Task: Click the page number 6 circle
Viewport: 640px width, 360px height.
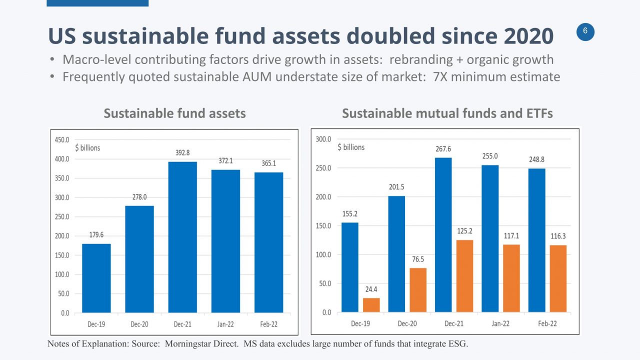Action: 585,32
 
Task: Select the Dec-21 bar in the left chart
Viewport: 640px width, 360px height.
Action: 182,237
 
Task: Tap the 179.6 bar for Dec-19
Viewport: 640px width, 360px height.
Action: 96,278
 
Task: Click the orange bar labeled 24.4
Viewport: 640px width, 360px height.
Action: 371,305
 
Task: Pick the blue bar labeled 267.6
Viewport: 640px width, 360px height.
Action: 443,235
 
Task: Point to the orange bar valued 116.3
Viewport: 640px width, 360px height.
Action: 558,278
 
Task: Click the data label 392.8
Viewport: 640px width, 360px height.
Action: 182,152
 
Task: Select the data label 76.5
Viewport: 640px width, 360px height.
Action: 418,259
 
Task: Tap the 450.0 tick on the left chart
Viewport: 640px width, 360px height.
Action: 62,140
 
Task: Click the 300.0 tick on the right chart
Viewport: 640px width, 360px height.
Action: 323,139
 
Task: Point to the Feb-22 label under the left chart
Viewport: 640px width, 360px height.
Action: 268,324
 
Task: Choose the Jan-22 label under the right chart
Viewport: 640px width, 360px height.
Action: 500,324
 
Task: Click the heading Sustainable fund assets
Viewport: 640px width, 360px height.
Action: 174,113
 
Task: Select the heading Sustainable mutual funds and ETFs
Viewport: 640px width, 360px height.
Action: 447,113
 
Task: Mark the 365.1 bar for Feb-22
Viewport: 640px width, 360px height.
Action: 268,242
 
